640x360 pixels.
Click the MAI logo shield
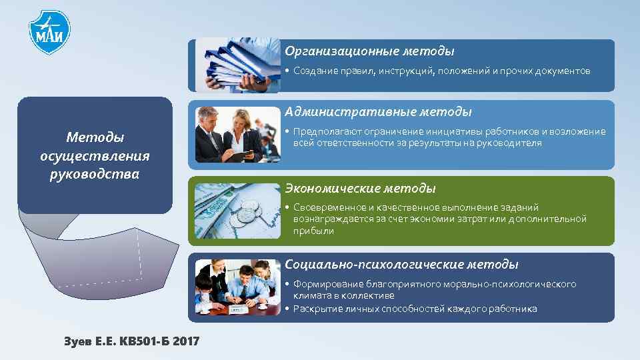click(49, 32)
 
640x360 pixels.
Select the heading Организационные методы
click(369, 51)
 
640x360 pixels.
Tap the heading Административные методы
click(378, 111)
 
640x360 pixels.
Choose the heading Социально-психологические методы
click(401, 265)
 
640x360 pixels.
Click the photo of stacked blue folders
click(237, 65)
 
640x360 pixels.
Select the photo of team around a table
click(237, 287)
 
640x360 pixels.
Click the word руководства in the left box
click(95, 175)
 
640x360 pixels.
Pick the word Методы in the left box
click(95, 137)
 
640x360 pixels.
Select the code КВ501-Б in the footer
click(143, 341)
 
